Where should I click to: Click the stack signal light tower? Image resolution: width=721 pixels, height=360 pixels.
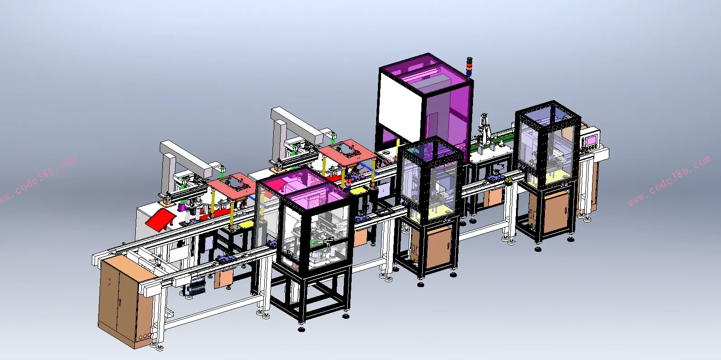469,68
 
